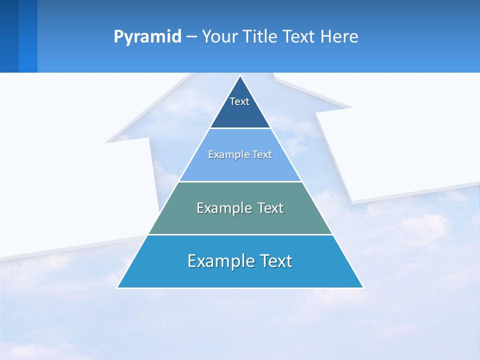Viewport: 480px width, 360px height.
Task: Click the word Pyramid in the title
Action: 147,37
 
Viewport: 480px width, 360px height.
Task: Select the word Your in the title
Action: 219,37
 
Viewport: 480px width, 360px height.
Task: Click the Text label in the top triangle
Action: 239,102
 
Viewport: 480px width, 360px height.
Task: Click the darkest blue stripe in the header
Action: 9,36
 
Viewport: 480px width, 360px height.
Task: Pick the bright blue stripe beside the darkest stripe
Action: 28,36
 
